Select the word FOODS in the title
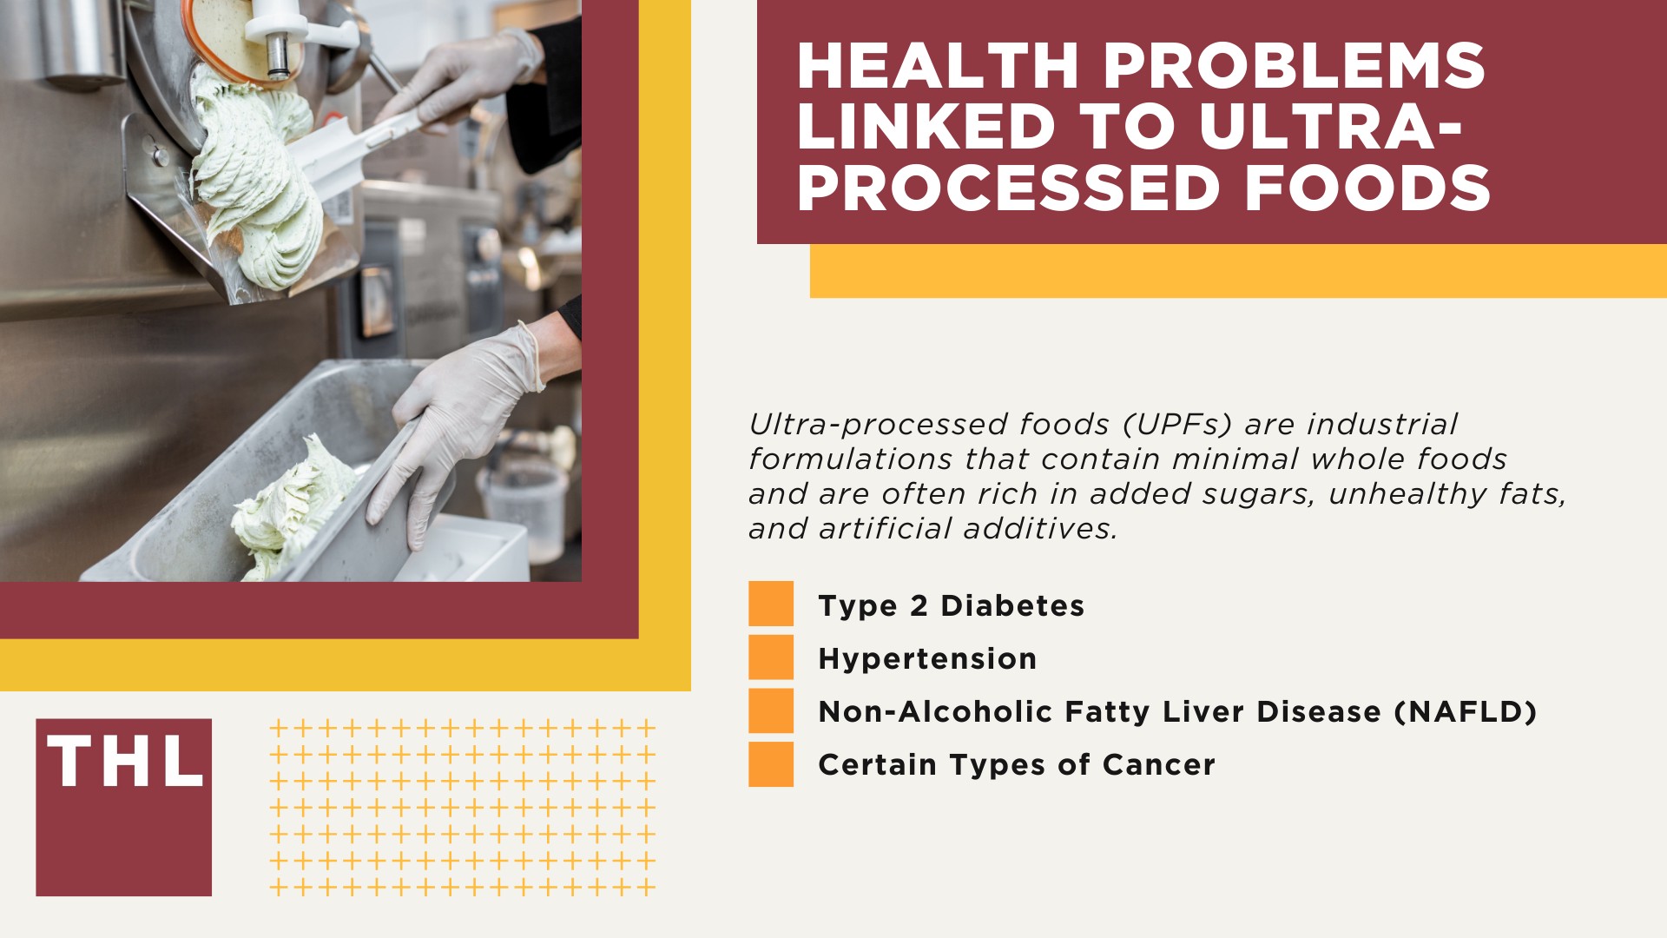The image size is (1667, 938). tap(1368, 188)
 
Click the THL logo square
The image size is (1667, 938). tap(124, 807)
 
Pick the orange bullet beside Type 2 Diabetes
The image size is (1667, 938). tap(771, 604)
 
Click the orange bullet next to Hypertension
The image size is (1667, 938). tap(771, 657)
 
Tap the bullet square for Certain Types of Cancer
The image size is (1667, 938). tap(771, 764)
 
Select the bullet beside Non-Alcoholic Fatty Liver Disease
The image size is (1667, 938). tap(771, 710)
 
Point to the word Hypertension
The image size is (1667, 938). tap(927, 659)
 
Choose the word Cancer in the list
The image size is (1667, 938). tap(1159, 765)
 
